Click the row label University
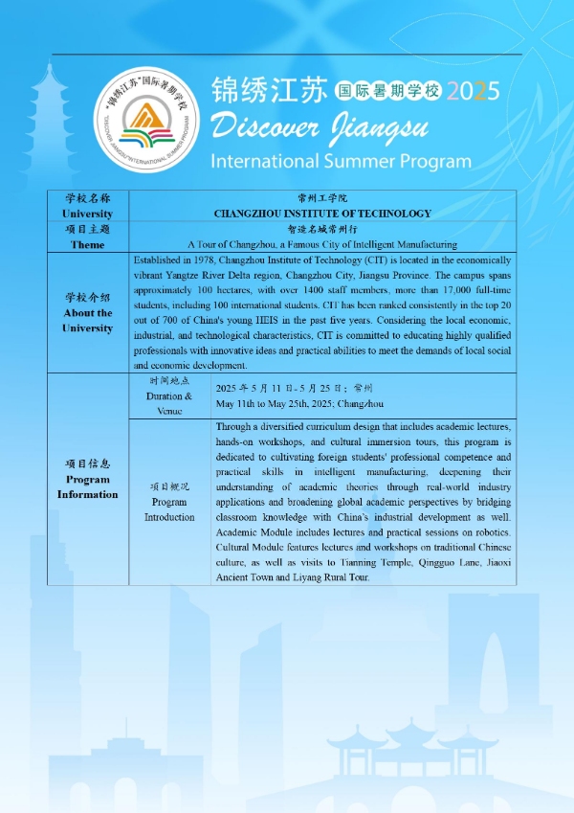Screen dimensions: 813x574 coord(87,214)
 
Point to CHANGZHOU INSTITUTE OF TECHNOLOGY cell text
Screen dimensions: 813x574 coord(322,214)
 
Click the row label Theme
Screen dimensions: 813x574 coord(87,244)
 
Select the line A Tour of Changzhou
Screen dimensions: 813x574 coord(322,244)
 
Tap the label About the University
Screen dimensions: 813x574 coord(87,320)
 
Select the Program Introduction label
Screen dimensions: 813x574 coord(169,508)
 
